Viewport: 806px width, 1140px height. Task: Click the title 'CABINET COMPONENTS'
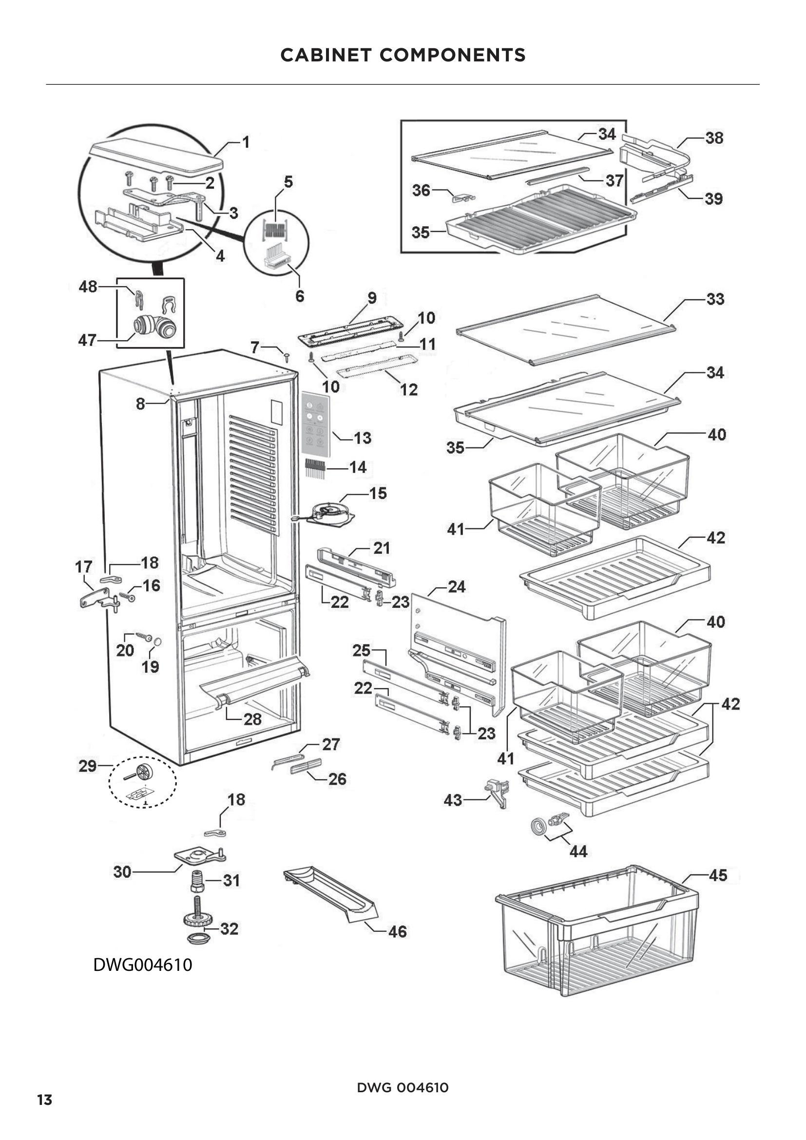click(403, 55)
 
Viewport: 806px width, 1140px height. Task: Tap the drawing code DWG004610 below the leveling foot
click(142, 965)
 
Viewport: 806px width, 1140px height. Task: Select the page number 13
click(45, 1100)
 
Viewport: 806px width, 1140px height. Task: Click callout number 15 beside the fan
click(378, 493)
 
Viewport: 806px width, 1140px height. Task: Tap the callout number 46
click(398, 931)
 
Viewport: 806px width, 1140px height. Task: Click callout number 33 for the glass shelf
click(715, 299)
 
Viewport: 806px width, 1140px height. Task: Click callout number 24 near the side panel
click(457, 587)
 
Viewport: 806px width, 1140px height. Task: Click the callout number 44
click(578, 851)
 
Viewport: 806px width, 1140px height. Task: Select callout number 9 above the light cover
click(372, 298)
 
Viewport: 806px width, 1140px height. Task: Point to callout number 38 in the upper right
click(714, 138)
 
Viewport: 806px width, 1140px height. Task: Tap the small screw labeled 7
click(287, 355)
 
